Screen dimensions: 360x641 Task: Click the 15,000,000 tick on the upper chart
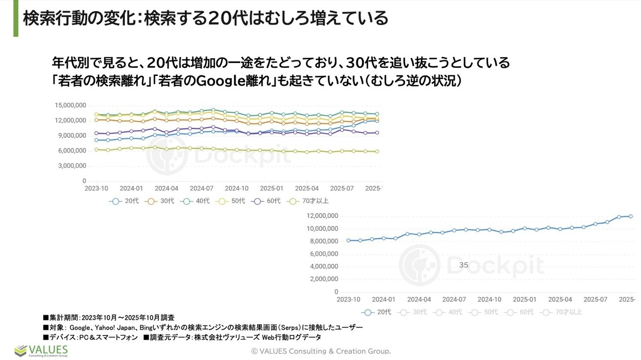pyautogui.click(x=71, y=105)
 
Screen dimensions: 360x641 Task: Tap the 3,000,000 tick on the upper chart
pyautogui.click(x=73, y=166)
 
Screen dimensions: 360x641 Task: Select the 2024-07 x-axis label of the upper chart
pyautogui.click(x=201, y=189)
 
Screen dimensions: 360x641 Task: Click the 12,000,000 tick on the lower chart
pyautogui.click(x=323, y=216)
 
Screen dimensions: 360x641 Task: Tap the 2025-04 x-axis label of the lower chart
pyautogui.click(x=560, y=300)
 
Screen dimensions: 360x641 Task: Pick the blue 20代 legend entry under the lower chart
pyautogui.click(x=377, y=312)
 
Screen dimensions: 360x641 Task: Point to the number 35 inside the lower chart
pyautogui.click(x=464, y=264)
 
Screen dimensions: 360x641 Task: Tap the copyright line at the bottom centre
pyautogui.click(x=321, y=351)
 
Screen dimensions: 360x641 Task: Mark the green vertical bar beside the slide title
pyautogui.click(x=16, y=19)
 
